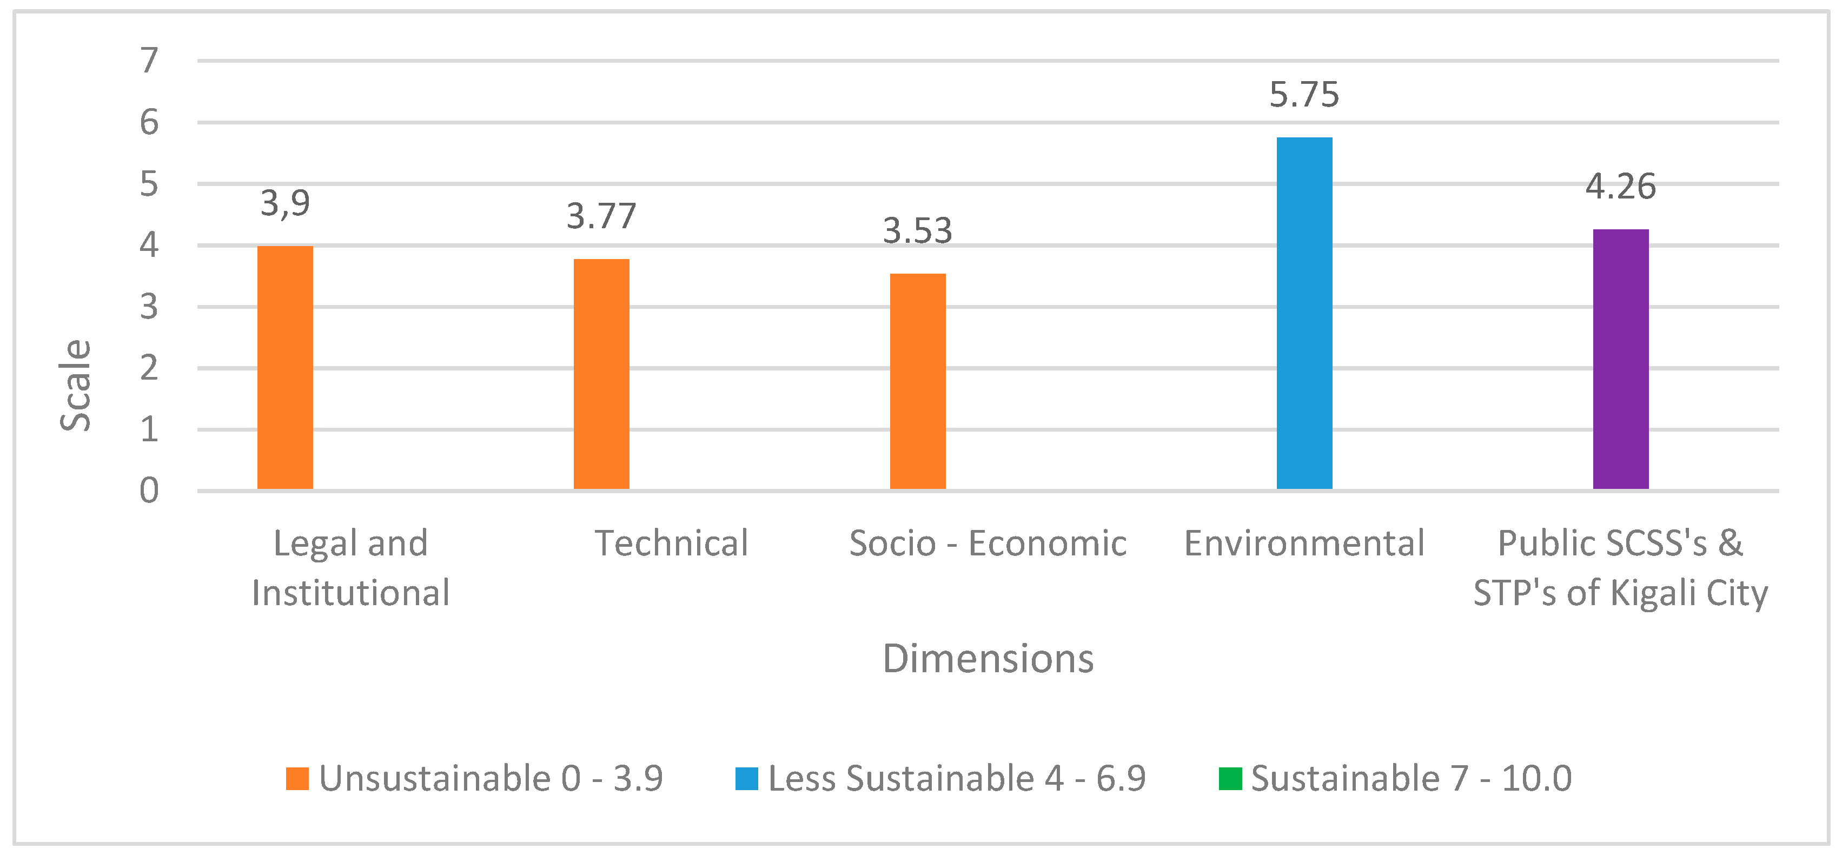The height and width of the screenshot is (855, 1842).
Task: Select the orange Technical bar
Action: coord(601,374)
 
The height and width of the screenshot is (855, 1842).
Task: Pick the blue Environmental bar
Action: coord(1304,313)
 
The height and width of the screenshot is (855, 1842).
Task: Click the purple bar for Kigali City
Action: coord(1620,359)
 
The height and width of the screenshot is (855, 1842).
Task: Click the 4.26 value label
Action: coord(1620,187)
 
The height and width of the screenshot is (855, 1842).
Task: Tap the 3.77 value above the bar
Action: coord(601,216)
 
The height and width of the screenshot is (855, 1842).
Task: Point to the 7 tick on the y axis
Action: coord(149,61)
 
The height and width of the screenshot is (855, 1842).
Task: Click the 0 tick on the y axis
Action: coord(149,491)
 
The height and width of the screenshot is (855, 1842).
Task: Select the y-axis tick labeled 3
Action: coord(149,307)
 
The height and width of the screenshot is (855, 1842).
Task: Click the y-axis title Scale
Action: coord(75,386)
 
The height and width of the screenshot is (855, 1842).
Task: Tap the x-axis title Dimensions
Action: coord(988,658)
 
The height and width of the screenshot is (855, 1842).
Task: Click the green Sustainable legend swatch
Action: coord(1230,779)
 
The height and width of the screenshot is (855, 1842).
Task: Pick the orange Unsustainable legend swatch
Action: coord(297,779)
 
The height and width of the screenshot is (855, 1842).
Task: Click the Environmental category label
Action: coord(1304,544)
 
